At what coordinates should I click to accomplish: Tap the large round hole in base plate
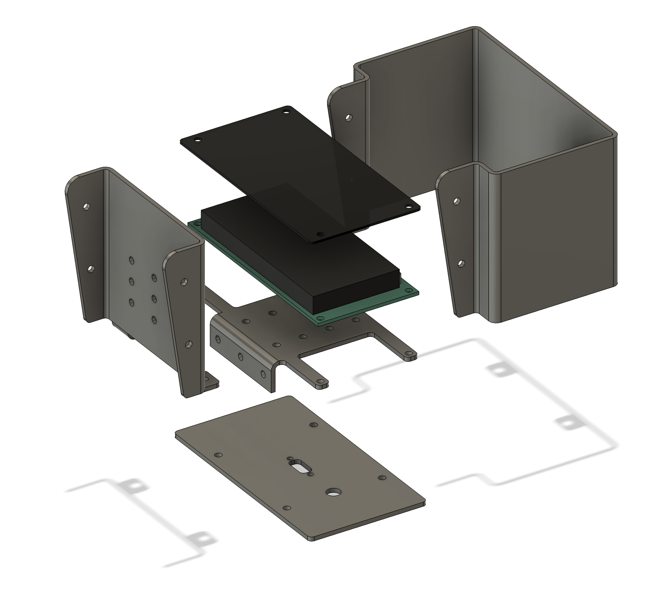pyautogui.click(x=334, y=492)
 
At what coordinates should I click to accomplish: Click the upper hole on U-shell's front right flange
pyautogui.click(x=456, y=201)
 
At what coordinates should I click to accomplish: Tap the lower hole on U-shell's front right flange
pyautogui.click(x=461, y=264)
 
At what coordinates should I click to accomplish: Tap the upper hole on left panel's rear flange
pyautogui.click(x=86, y=207)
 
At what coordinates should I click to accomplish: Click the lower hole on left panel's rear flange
pyautogui.click(x=90, y=268)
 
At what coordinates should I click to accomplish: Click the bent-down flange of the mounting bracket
pyautogui.click(x=241, y=355)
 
